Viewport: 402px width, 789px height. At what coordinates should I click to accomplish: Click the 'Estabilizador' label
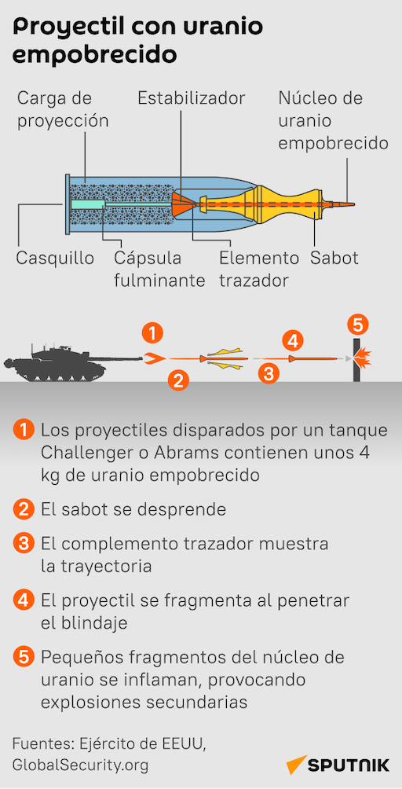(191, 97)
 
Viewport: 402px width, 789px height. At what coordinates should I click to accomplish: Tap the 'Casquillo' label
(55, 258)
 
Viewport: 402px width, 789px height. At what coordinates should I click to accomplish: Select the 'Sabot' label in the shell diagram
(334, 258)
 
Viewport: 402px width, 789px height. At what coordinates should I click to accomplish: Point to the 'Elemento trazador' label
(259, 270)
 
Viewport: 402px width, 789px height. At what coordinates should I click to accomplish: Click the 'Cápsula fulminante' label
(159, 270)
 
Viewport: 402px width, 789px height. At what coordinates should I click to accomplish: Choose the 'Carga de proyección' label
(63, 109)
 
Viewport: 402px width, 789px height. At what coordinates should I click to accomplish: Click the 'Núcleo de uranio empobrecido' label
(333, 121)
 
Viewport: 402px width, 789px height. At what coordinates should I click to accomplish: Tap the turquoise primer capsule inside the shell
(88, 204)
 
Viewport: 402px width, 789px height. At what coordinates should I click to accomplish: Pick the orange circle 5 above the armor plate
(357, 325)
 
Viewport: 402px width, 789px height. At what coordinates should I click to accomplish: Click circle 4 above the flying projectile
(293, 341)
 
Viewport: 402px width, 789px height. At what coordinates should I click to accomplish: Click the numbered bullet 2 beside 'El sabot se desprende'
(23, 510)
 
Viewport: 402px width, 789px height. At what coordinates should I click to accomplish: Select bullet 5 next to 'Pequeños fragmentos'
(23, 657)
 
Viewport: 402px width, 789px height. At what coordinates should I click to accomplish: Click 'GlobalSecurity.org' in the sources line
(80, 765)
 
